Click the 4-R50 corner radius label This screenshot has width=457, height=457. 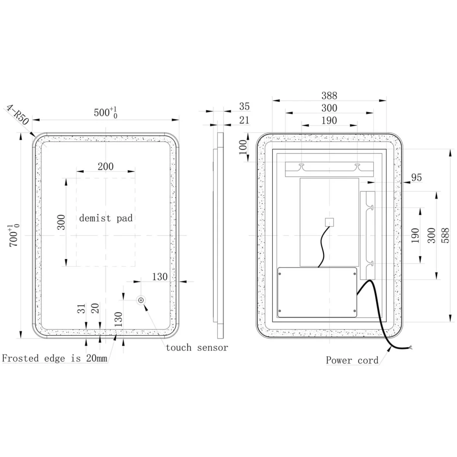[x=17, y=115]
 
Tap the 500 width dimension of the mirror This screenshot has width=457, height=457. [x=105, y=112]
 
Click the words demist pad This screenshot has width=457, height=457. [x=106, y=218]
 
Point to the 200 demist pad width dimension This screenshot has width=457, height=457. [x=105, y=166]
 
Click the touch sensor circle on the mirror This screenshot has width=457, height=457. [x=141, y=300]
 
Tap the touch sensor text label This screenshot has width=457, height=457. [x=197, y=348]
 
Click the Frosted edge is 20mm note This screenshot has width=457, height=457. [x=54, y=358]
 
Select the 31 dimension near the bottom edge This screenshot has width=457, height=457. [x=81, y=308]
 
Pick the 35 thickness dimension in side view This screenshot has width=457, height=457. [x=244, y=107]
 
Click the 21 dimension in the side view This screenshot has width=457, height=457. [x=244, y=120]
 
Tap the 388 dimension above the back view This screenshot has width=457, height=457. [x=329, y=96]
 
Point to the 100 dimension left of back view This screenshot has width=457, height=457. [x=243, y=147]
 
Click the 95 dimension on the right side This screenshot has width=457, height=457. [x=417, y=177]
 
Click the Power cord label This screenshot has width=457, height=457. [x=352, y=360]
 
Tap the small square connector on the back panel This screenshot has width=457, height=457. [x=329, y=222]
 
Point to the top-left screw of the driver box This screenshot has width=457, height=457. [x=280, y=274]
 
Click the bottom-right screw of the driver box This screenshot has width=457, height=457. [x=355, y=311]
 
